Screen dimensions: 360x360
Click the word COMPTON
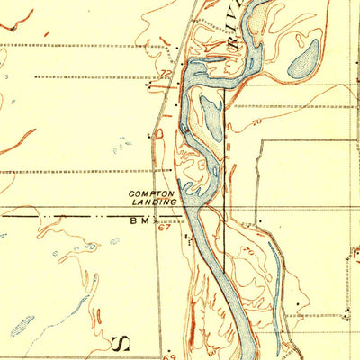pos(148,193)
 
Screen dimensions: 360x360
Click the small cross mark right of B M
pos(156,218)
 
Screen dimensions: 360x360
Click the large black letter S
pos(123,343)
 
